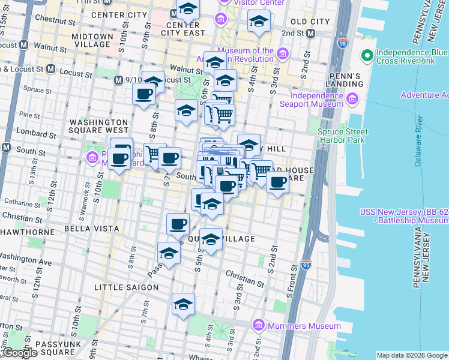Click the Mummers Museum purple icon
(259, 326)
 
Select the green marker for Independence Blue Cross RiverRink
(366, 56)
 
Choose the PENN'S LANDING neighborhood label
(360, 80)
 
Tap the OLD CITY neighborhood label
(310, 22)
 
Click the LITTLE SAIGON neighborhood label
(126, 287)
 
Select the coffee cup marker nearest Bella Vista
(177, 224)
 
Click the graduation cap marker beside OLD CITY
(259, 22)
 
